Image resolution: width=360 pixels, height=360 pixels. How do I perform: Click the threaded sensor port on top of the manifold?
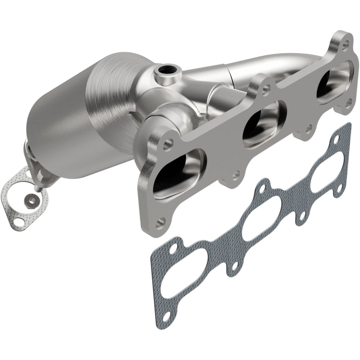pos(167,70)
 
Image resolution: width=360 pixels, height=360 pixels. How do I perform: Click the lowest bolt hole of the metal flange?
pos(161,221)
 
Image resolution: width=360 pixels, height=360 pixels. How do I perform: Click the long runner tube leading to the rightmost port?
pos(252,67)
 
